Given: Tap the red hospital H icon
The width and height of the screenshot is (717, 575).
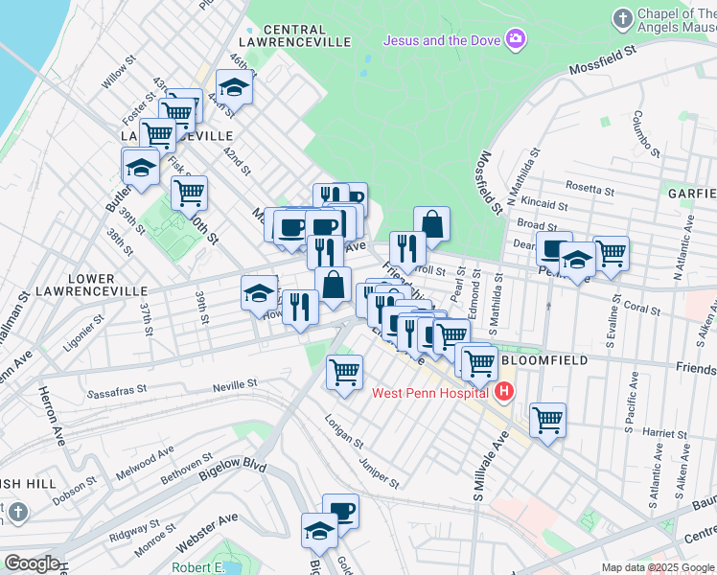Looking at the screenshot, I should (504, 391).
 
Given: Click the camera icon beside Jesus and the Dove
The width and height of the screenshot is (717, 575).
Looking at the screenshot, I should (517, 39).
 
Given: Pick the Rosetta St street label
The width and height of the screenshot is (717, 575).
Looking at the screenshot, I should (589, 187).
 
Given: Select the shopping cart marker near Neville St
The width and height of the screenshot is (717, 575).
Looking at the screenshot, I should (344, 371).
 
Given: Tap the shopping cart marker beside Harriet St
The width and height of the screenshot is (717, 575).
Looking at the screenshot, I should (547, 419).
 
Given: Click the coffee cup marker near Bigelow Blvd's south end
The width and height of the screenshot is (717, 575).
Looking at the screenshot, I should (340, 510).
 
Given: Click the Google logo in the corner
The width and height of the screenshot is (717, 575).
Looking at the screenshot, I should (32, 563).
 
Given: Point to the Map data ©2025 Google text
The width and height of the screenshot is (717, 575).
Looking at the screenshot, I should (659, 567).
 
